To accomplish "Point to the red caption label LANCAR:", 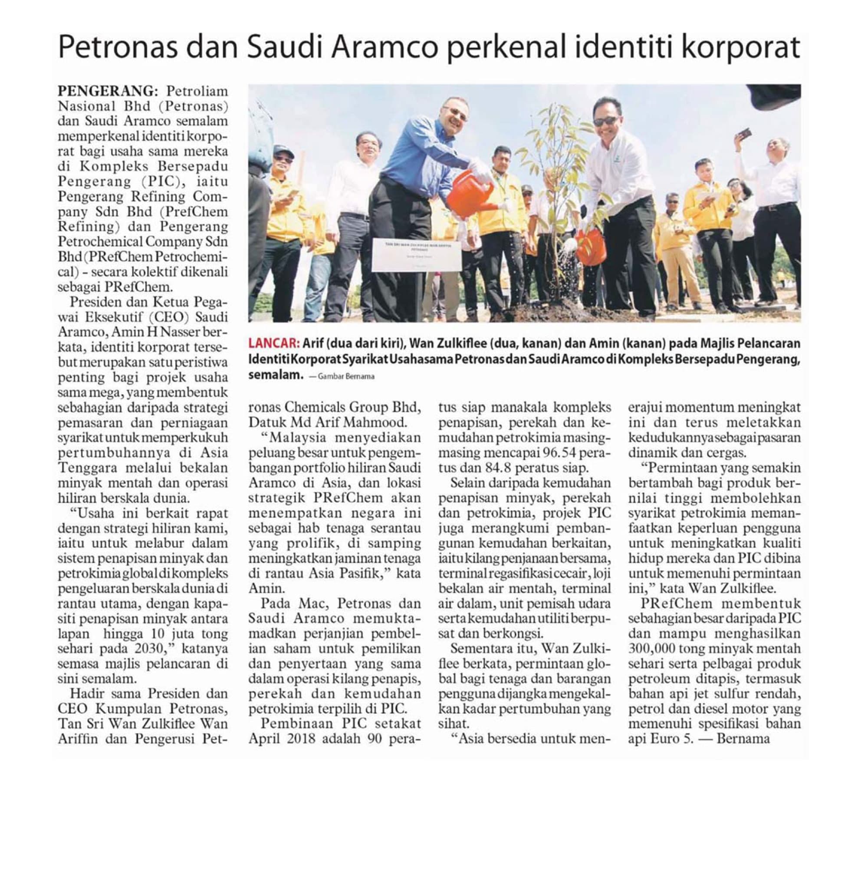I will point(273,343).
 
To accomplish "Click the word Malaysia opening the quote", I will point(297,437).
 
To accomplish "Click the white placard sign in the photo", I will point(416,255).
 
